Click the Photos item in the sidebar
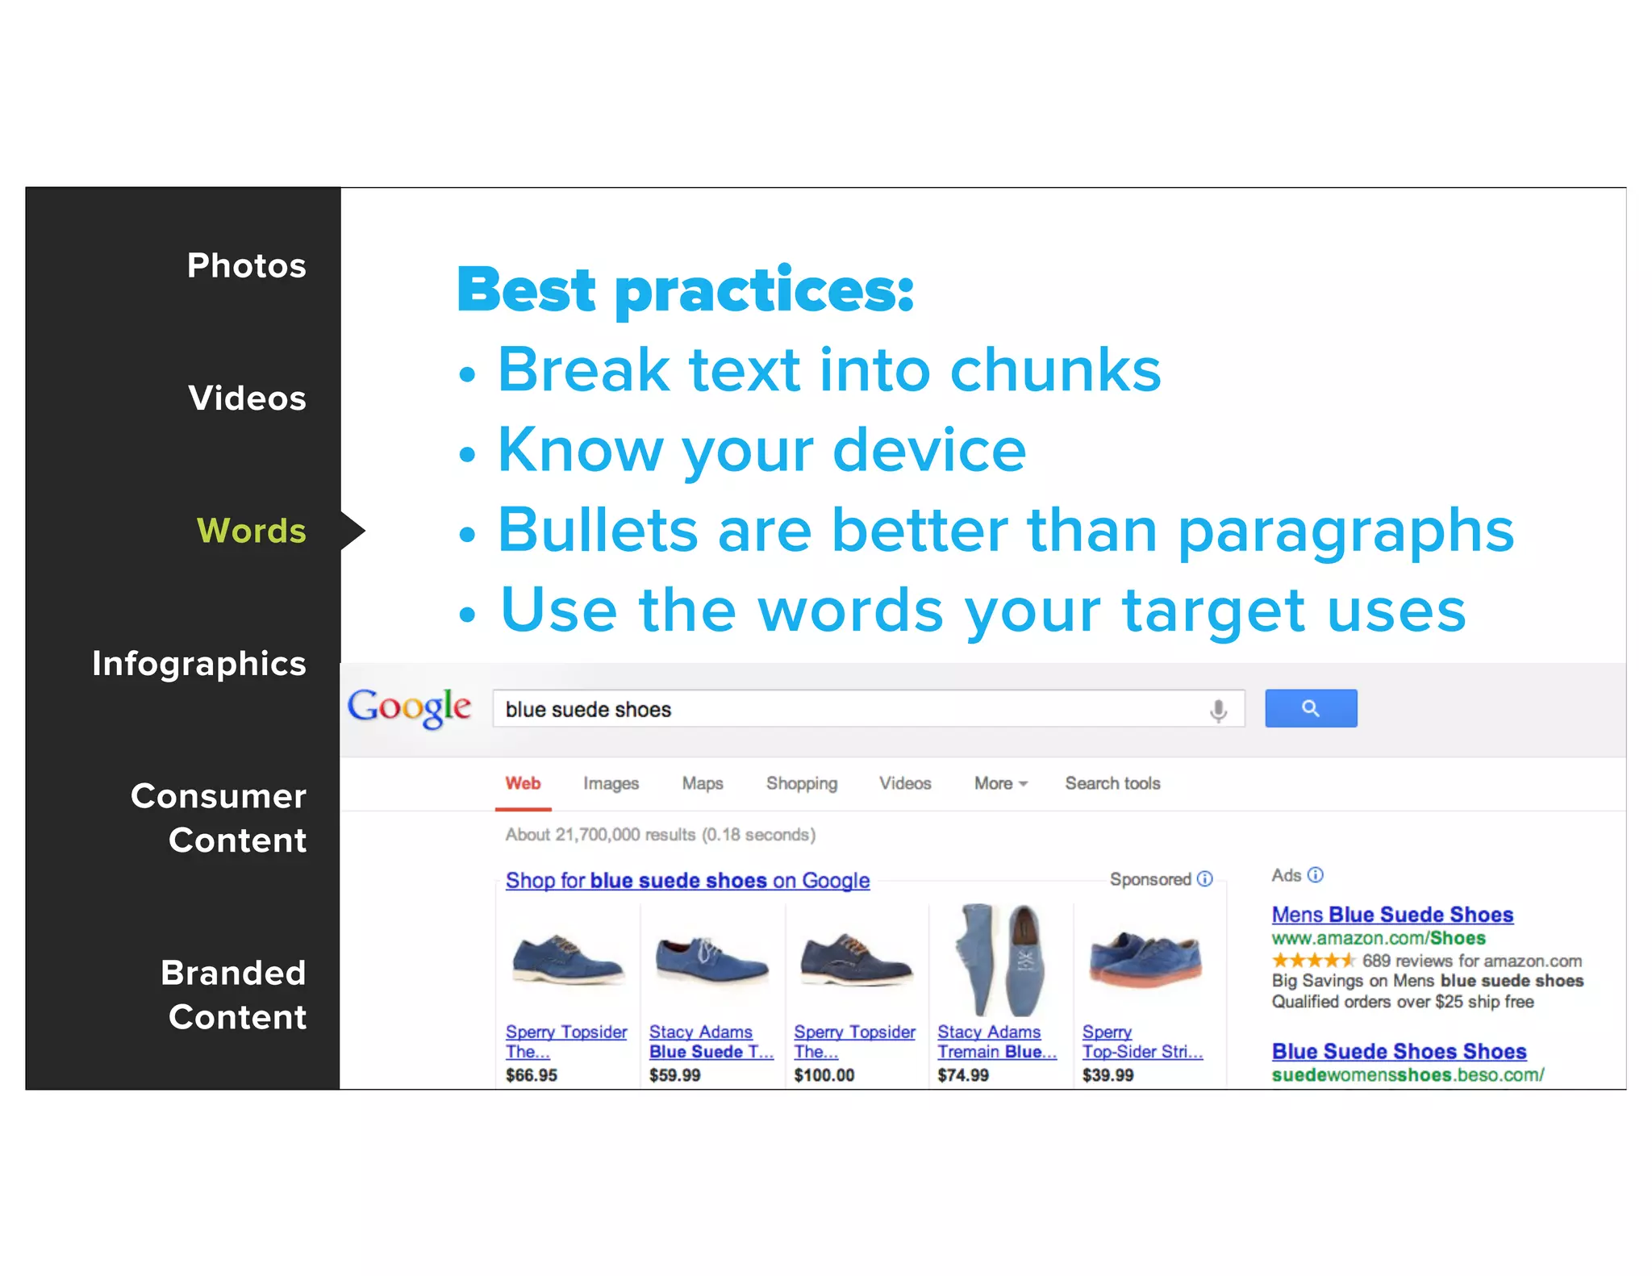[x=246, y=265]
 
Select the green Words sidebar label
[x=251, y=531]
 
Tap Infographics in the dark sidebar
[x=198, y=663]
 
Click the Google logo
[x=409, y=707]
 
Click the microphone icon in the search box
[x=1218, y=710]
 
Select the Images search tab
[x=611, y=783]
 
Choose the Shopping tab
[x=801, y=783]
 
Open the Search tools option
[x=1112, y=783]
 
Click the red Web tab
[x=523, y=783]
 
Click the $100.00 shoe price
[x=824, y=1075]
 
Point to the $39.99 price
[x=1108, y=1075]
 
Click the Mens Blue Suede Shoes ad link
[x=1392, y=915]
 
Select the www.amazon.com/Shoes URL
[x=1378, y=938]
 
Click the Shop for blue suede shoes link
[x=687, y=880]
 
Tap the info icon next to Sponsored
[x=1205, y=878]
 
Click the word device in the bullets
[x=929, y=450]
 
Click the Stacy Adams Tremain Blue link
[x=996, y=1042]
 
